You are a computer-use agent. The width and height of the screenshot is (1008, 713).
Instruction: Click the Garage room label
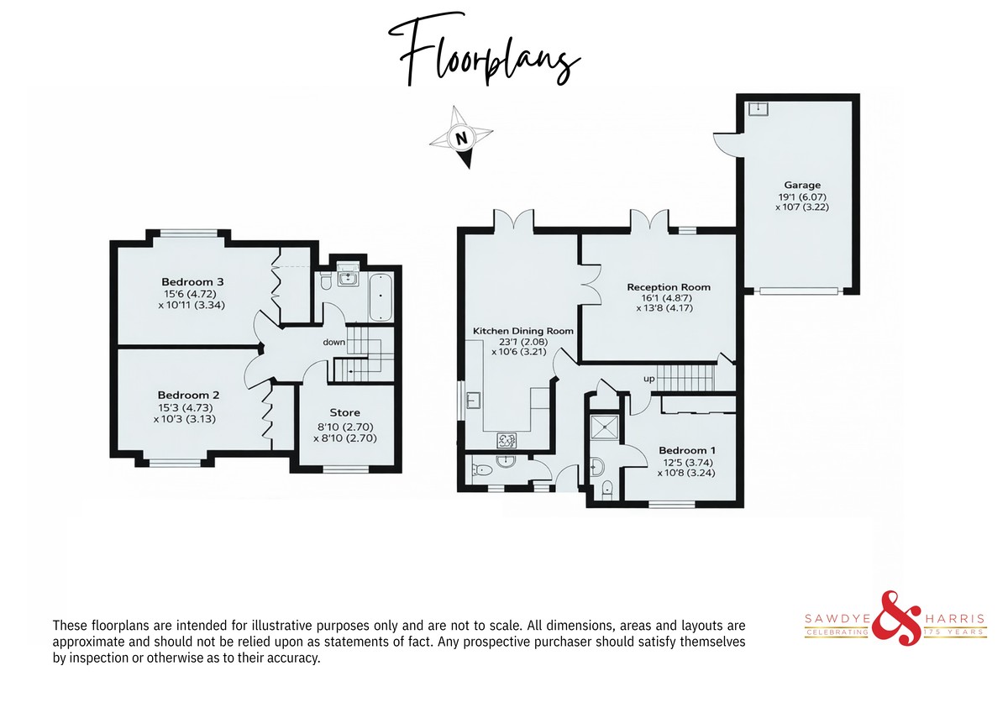coord(802,185)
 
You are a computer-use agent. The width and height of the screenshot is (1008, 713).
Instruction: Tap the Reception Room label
coord(669,287)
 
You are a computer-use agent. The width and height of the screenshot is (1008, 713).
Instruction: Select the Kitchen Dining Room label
coord(522,331)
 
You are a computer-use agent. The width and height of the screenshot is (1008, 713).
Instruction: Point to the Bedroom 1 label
coord(687,450)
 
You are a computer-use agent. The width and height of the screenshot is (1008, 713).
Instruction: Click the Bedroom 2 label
coord(188,396)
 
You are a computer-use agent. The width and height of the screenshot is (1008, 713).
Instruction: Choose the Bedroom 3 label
coord(192,282)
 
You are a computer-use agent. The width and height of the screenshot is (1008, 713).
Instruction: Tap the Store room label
coord(344,412)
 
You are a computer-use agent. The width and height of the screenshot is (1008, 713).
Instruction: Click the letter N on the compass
coord(461,138)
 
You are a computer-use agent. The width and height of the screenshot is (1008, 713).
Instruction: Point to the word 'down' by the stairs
coord(334,343)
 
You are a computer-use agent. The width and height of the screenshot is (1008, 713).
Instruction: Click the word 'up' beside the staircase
coord(648,379)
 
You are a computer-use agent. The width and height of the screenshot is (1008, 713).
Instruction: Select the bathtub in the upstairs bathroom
coord(381,296)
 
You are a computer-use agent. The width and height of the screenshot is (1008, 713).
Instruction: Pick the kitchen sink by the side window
coord(473,400)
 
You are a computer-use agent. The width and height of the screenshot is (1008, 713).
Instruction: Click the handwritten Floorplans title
coord(485,51)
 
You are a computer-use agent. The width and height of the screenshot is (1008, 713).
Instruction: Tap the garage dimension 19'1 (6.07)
coord(802,197)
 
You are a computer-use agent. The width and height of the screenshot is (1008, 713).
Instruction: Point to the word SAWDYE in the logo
coord(838,619)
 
